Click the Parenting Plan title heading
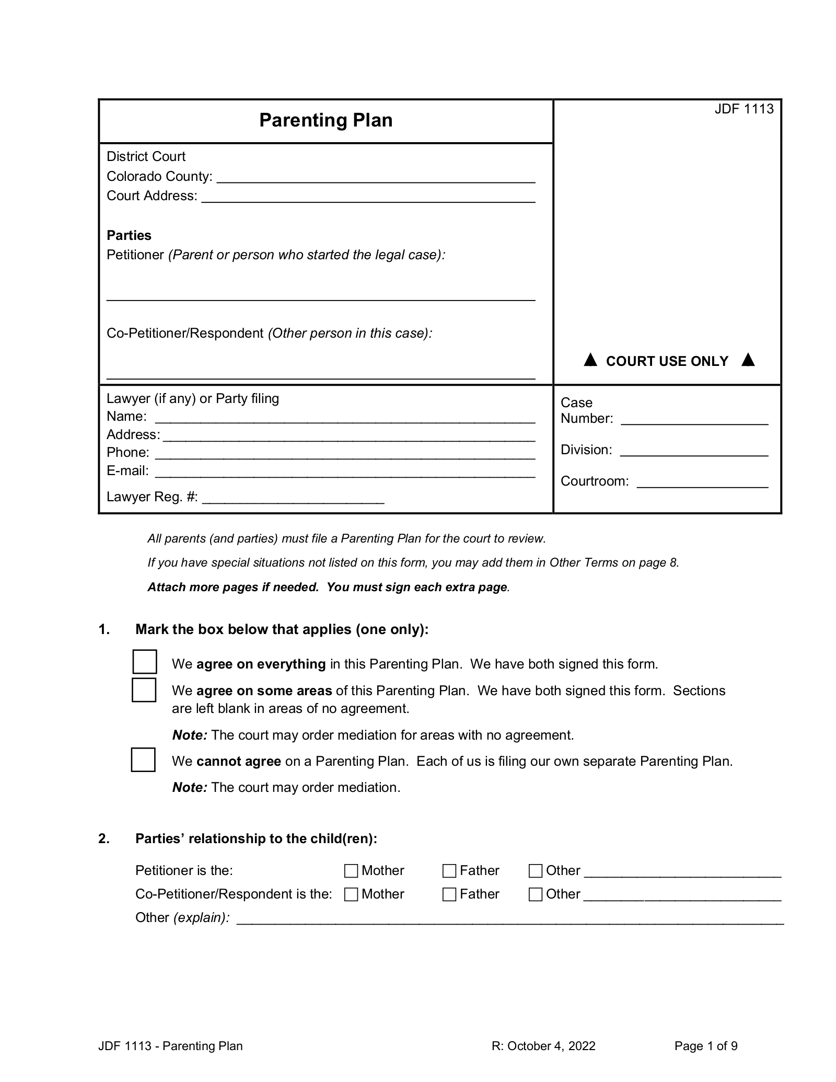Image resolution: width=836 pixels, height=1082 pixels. coord(326,120)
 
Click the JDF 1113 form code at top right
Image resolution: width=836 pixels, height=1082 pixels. coord(744,109)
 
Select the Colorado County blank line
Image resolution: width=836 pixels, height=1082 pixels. coord(376,178)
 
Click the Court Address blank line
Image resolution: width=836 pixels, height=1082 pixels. coord(368,198)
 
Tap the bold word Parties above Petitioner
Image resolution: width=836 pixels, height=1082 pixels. coord(129,235)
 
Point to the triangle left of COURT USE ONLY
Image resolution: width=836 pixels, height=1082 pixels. coord(590,360)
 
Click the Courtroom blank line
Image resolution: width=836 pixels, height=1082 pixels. coord(702,482)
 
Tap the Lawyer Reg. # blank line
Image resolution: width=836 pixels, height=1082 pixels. coord(293,498)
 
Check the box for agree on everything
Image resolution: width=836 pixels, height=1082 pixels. coord(145,662)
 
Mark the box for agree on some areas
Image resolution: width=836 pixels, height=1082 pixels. coord(144,689)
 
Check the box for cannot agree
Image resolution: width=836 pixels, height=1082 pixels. coord(143,759)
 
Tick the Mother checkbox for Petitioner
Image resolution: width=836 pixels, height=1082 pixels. coord(351,871)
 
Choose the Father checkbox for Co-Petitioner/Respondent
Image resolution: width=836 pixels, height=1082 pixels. coord(449,894)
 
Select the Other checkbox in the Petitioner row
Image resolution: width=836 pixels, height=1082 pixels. coord(536,871)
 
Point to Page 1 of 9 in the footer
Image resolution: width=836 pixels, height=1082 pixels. coord(705,1046)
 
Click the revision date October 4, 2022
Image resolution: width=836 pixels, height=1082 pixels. coord(543,1046)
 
